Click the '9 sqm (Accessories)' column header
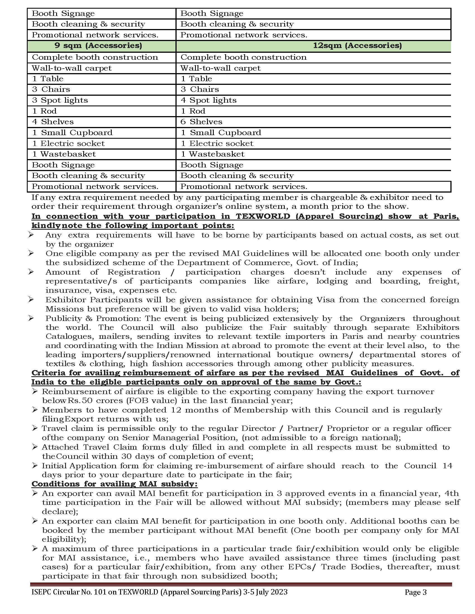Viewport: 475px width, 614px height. pyautogui.click(x=98, y=45)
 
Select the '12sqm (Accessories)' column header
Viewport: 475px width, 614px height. pyautogui.click(x=357, y=45)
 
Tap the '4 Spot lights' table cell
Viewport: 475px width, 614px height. pyautogui.click(x=208, y=100)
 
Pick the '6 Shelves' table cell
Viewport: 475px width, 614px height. pyautogui.click(x=201, y=122)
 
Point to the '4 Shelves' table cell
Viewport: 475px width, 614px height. pyautogui.click(x=53, y=122)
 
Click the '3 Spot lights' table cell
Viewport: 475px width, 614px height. pyautogui.click(x=60, y=100)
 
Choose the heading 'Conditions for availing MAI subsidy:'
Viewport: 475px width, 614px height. pyautogui.click(x=115, y=484)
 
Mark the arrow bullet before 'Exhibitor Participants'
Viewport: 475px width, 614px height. pyautogui.click(x=31, y=299)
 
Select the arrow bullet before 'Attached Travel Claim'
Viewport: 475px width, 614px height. pyautogui.click(x=35, y=447)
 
